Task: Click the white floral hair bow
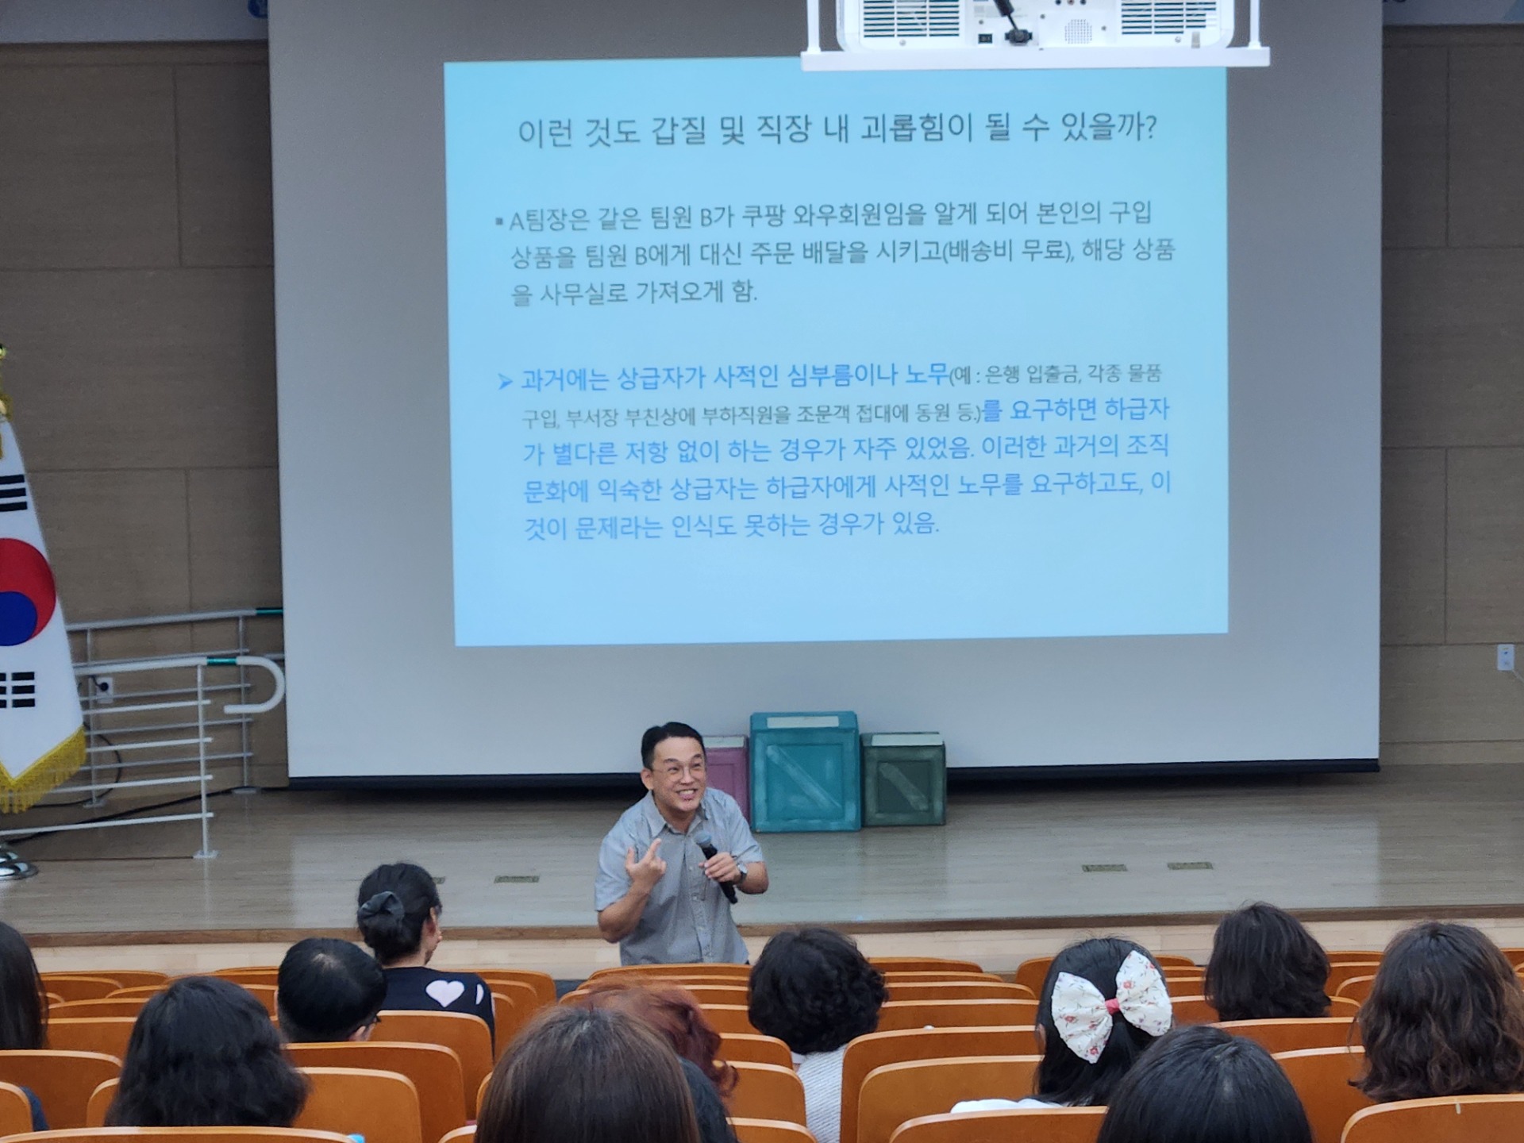1111,1003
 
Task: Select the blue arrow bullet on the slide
504,382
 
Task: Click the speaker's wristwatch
741,874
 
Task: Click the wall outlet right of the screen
1504,657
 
